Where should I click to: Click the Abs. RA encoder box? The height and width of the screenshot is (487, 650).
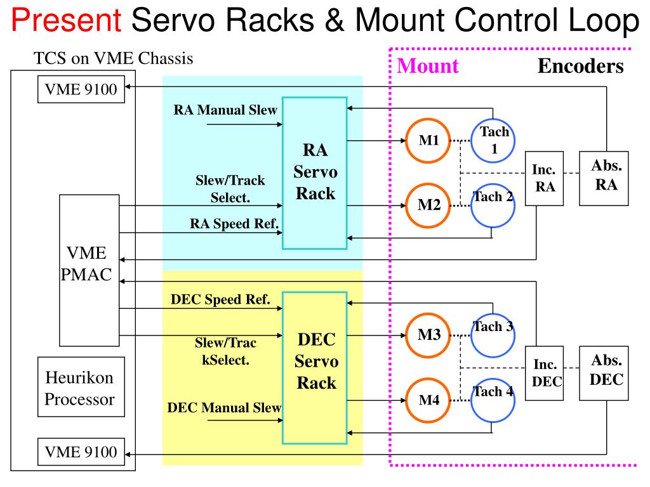(604, 178)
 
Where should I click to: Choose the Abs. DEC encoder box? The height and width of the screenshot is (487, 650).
(604, 373)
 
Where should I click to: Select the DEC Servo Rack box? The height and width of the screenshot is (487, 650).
(315, 368)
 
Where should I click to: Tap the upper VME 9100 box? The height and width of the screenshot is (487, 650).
(81, 89)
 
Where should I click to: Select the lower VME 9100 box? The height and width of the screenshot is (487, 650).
(81, 452)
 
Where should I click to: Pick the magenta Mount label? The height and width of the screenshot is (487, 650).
(428, 66)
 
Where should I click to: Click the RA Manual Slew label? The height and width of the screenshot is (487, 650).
(225, 110)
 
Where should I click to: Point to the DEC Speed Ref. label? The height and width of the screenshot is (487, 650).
(220, 299)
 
